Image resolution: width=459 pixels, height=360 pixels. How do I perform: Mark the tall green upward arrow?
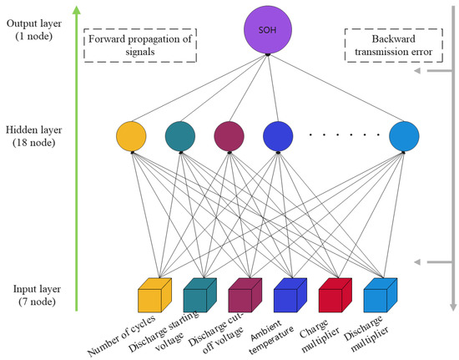click(x=77, y=159)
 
